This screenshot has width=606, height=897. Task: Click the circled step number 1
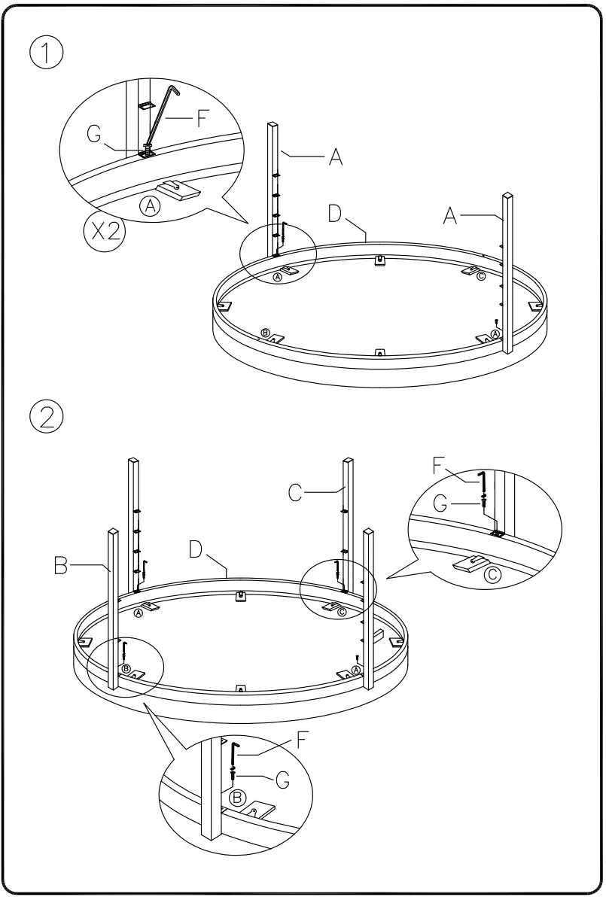pos(47,53)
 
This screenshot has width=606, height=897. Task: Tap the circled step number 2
pos(47,416)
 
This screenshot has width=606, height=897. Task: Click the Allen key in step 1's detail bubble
pos(162,117)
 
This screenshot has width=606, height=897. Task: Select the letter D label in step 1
pos(336,213)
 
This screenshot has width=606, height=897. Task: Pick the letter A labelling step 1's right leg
pos(449,216)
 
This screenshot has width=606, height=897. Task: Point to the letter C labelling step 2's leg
pos(297,492)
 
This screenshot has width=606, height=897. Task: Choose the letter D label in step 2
pos(198,549)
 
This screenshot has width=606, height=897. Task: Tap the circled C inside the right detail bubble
pos(492,576)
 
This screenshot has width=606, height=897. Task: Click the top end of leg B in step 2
pos(114,532)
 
